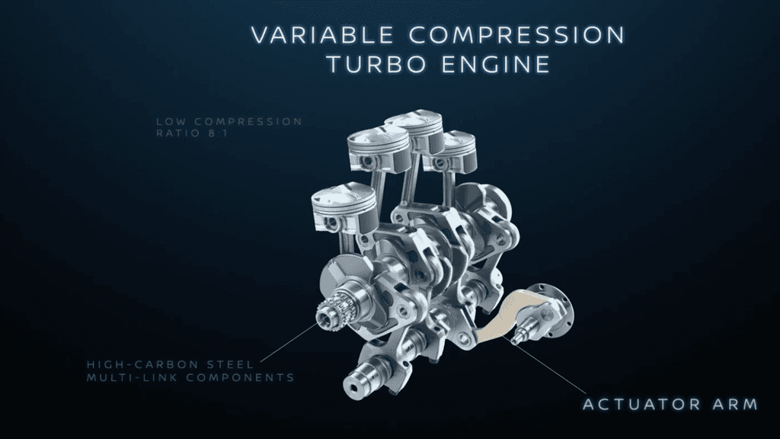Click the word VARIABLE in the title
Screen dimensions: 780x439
[x=322, y=35]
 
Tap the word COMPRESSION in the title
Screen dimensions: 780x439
[x=518, y=35]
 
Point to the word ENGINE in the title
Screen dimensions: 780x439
[x=495, y=65]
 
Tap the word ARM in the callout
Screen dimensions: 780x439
[x=735, y=404]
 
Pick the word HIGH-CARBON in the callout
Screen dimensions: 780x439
[x=142, y=364]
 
